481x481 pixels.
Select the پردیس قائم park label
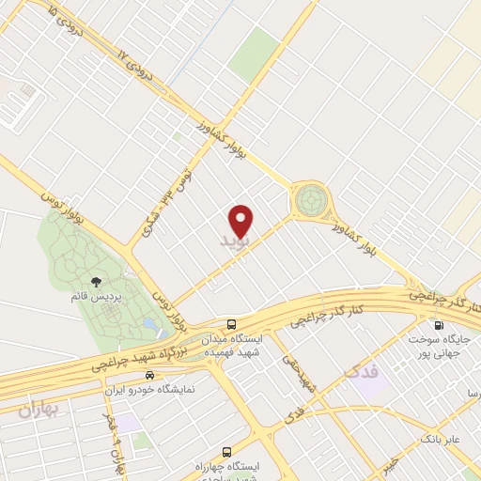click(96, 297)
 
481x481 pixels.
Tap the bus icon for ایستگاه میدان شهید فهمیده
click(232, 324)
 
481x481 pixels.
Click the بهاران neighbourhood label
click(38, 410)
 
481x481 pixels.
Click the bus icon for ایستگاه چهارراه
click(225, 452)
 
